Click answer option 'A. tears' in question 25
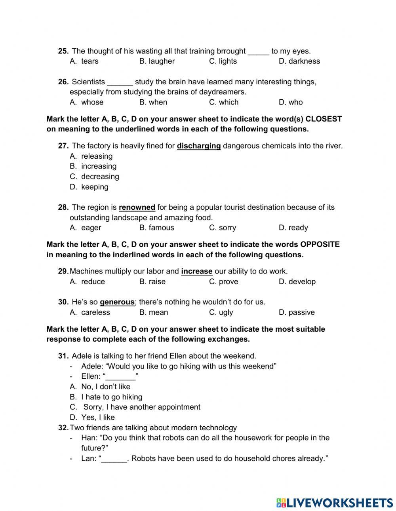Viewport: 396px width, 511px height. tap(84, 61)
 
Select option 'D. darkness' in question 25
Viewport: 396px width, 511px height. tap(299, 61)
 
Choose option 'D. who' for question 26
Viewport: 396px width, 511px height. tap(290, 102)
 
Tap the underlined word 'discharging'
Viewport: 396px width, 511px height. tap(198, 146)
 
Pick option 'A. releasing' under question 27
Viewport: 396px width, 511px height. tap(91, 156)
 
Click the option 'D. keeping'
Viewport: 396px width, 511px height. tap(89, 187)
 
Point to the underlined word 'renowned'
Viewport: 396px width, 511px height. tap(137, 207)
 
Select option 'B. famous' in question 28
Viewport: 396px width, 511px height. tap(156, 228)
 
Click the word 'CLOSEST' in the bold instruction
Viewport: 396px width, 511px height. tap(324, 119)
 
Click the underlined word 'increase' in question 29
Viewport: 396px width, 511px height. tap(196, 271)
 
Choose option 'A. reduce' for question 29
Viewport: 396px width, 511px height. tap(88, 281)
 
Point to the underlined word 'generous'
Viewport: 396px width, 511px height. tap(117, 302)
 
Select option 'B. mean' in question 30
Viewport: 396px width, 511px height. tap(154, 312)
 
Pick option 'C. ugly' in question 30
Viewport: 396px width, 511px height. tap(221, 312)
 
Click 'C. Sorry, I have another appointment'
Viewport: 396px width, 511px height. tap(135, 407)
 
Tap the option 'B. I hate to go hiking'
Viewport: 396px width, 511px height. tap(106, 397)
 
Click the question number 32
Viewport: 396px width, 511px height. tap(63, 427)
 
